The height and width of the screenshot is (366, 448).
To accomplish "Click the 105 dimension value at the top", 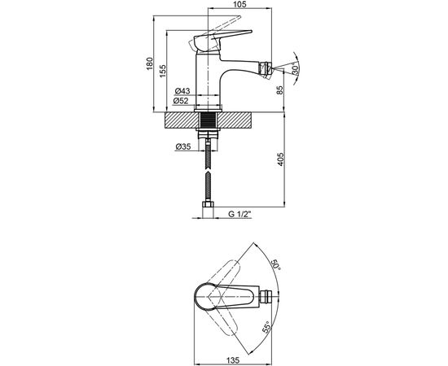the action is click(x=240, y=4).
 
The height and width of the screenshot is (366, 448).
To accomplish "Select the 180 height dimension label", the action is click(x=149, y=64).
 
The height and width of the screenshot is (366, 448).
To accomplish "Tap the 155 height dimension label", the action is click(x=163, y=71).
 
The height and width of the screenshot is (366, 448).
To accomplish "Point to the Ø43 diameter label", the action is click(x=182, y=91).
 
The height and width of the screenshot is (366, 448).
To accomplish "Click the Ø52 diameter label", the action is click(x=181, y=101).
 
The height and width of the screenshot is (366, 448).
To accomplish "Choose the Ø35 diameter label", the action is click(x=182, y=146).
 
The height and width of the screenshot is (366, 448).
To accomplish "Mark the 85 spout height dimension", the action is click(x=280, y=90).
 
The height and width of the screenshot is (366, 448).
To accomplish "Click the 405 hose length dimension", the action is click(x=280, y=159).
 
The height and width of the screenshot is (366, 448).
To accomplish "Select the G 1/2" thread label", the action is click(x=239, y=214).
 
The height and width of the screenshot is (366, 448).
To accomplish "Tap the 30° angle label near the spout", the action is click(x=296, y=68).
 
